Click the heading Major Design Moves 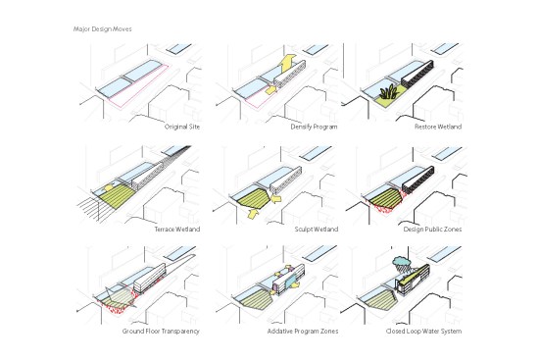click(x=102, y=29)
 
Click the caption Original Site click(x=182, y=127)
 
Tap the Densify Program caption click(x=314, y=127)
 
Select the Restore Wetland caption click(x=438, y=127)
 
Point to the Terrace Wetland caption click(x=177, y=229)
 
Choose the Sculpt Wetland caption click(x=317, y=229)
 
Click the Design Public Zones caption click(x=432, y=229)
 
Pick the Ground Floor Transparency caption click(x=161, y=331)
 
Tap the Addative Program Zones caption click(x=303, y=331)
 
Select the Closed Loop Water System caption click(x=423, y=331)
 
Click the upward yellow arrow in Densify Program click(x=288, y=63)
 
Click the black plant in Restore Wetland click(x=390, y=92)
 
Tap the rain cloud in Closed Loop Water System click(x=402, y=263)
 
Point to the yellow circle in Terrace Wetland click(x=109, y=188)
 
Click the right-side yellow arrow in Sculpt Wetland click(x=276, y=198)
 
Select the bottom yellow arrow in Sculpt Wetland click(x=253, y=214)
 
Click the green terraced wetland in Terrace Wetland click(x=115, y=196)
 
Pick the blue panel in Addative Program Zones click(x=291, y=281)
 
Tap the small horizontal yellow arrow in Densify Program click(x=271, y=90)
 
